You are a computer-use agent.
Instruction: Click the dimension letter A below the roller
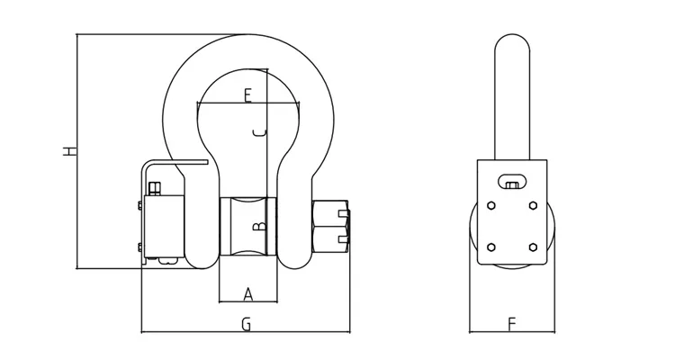pos(247,293)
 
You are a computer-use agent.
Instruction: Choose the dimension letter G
pos(245,325)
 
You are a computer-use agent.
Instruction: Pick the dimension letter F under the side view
pos(511,321)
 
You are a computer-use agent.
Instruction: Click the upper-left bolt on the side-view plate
pos(490,206)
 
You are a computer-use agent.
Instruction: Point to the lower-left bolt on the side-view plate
pos(490,247)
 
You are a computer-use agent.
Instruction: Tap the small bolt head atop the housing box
pos(154,187)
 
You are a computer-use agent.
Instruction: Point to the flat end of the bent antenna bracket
pos(203,163)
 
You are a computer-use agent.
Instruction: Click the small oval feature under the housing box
pos(163,262)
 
